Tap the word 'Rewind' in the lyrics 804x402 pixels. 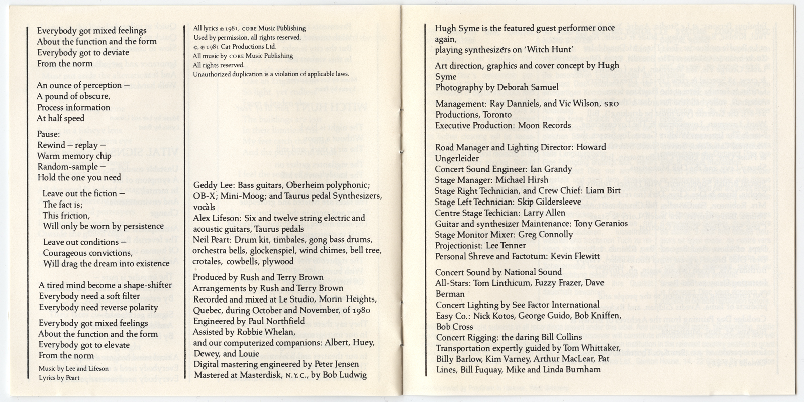coord(51,145)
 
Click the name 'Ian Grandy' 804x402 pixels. coord(551,169)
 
